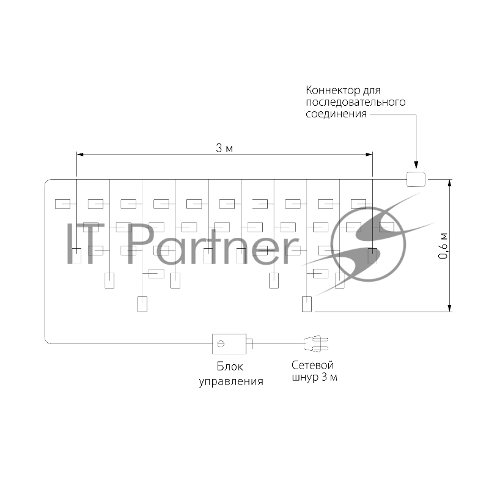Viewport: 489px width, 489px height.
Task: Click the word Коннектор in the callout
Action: pyautogui.click(x=333, y=90)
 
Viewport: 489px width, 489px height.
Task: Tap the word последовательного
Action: pyautogui.click(x=356, y=102)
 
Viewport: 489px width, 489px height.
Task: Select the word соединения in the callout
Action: pyautogui.click(x=336, y=114)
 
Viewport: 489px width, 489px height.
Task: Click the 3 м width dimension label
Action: pyautogui.click(x=224, y=148)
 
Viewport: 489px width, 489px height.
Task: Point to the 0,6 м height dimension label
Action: pyautogui.click(x=443, y=246)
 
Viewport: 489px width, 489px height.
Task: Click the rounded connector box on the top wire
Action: pyautogui.click(x=416, y=179)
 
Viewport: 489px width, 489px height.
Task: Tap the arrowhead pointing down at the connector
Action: pyautogui.click(x=416, y=165)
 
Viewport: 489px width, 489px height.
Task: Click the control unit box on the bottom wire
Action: pyautogui.click(x=229, y=344)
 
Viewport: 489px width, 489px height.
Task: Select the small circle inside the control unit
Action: pyautogui.click(x=221, y=344)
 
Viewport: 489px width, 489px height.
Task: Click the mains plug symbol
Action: pyautogui.click(x=316, y=344)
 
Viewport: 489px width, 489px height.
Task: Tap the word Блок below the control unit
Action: pyautogui.click(x=230, y=366)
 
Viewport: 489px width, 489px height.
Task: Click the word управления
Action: pyautogui.click(x=231, y=381)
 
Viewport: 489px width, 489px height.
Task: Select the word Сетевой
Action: pyautogui.click(x=313, y=365)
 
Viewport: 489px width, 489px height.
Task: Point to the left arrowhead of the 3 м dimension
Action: pyautogui.click(x=80, y=155)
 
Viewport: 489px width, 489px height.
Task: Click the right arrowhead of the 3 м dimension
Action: pyautogui.click(x=369, y=155)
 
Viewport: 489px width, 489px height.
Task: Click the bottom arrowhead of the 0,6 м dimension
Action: pyautogui.click(x=449, y=308)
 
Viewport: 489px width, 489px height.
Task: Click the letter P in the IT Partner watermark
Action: pyautogui.click(x=139, y=243)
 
